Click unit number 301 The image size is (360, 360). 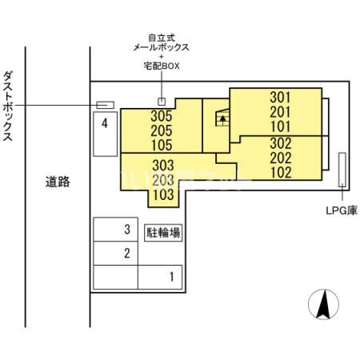coord(280,98)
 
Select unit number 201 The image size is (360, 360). coord(280,113)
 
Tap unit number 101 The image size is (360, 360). coord(280,127)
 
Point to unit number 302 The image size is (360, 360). coord(280,143)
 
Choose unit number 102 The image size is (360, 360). coord(280,173)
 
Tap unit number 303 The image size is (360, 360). coord(162,165)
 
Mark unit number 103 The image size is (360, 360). coord(162,194)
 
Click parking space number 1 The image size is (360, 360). coord(170,278)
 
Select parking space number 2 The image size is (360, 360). coord(126,254)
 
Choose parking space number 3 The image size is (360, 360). coord(126,230)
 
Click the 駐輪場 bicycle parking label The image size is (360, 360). coord(162,233)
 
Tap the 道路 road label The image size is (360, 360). coord(58,182)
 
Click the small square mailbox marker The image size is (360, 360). coord(162,102)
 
